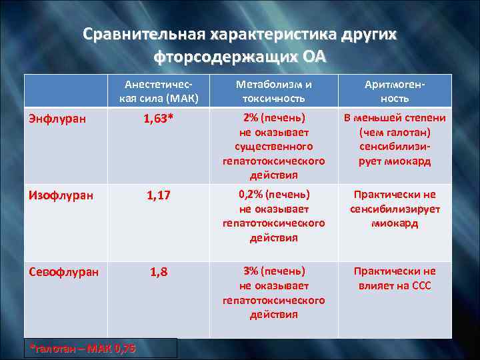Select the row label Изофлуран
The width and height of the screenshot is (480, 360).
coord(61,195)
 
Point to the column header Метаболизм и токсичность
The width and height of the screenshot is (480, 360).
coord(274,91)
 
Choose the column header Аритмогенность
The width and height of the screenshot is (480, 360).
coord(395,91)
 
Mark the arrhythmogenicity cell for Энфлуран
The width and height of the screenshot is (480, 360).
coord(395,139)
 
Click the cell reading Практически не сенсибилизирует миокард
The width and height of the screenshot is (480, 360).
coord(395,209)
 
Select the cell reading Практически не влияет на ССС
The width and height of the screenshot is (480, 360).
coord(395,279)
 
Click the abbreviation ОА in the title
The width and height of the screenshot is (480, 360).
coord(315,56)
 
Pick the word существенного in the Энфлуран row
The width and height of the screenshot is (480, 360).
coord(274,147)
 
